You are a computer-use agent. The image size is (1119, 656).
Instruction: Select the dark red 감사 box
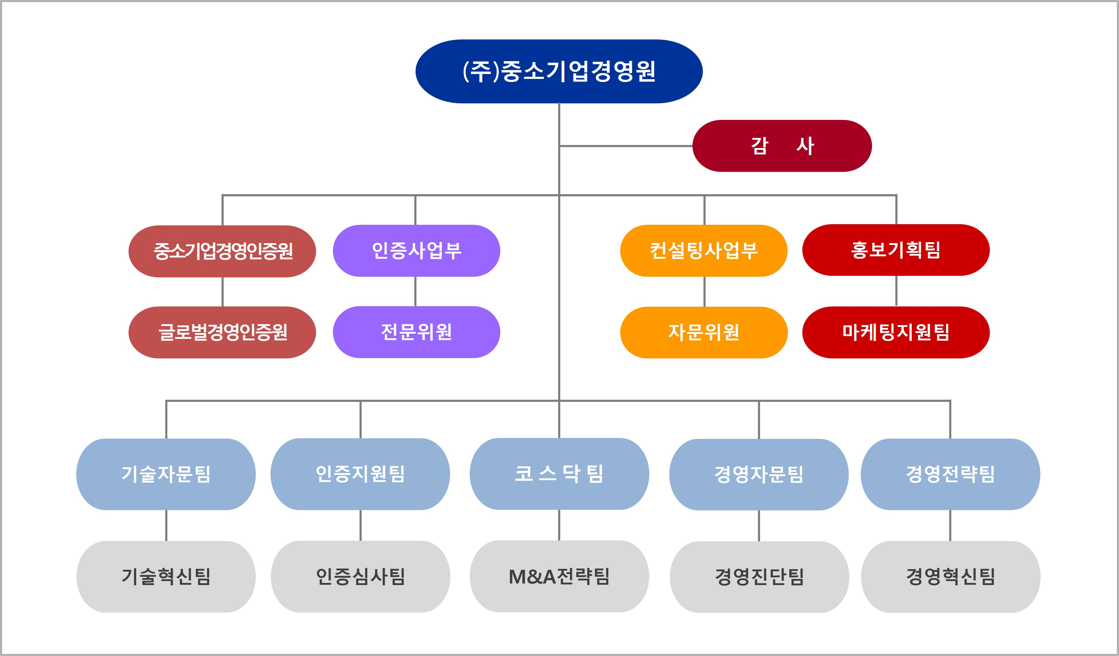tap(782, 146)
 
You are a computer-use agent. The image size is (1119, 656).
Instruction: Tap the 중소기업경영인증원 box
tap(222, 251)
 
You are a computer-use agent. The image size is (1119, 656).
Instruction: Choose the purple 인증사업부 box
tap(416, 251)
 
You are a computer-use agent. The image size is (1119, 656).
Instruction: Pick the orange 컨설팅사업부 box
tap(703, 251)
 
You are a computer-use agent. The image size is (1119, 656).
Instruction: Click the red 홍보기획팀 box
tap(896, 250)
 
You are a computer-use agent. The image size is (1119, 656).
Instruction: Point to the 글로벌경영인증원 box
tap(222, 332)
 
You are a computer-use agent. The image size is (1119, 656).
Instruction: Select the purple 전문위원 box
tap(416, 332)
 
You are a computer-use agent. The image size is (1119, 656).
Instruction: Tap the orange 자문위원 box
tap(703, 332)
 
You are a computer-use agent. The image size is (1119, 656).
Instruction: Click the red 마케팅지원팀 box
tap(896, 332)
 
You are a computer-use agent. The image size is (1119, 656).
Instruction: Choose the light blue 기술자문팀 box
tap(166, 474)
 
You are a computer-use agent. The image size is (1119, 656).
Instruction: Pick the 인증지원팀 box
tap(360, 474)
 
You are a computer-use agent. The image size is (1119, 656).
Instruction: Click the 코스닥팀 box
tap(559, 474)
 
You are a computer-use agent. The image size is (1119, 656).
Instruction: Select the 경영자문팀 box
tap(759, 474)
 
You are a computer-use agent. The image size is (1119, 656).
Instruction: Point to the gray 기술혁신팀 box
tap(166, 576)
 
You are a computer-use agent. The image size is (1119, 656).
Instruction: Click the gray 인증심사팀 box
tap(360, 576)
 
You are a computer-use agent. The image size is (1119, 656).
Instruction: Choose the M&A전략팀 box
tap(559, 576)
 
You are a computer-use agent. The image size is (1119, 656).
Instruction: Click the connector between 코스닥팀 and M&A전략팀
tap(559, 525)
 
